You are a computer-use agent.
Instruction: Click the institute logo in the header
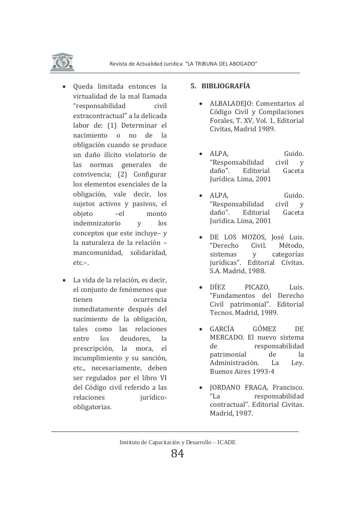(x=62, y=62)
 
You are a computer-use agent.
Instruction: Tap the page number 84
(x=178, y=453)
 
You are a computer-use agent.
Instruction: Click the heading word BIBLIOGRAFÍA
(x=226, y=86)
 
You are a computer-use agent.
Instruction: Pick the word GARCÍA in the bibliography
(x=222, y=329)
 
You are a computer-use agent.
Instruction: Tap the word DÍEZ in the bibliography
(x=218, y=287)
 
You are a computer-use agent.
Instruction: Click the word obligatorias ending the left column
(x=92, y=407)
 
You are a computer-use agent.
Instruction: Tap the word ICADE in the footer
(x=226, y=442)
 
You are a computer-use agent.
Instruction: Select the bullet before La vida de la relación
(x=64, y=280)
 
